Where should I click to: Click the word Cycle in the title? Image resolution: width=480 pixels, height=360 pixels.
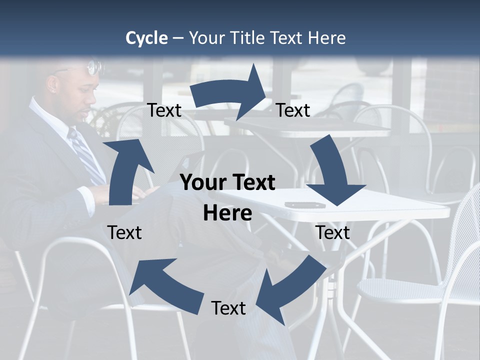pos(146,38)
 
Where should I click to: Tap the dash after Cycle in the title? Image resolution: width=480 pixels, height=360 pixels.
pos(177,38)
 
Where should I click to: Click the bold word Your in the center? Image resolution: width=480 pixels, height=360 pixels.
pos(204,182)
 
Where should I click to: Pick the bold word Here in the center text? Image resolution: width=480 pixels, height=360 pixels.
pos(227,213)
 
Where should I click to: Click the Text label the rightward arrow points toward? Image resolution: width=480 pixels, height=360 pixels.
pos(293,110)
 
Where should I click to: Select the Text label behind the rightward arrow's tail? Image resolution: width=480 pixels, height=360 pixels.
pos(164,110)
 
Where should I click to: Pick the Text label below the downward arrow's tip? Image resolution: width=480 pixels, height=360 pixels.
pos(332,232)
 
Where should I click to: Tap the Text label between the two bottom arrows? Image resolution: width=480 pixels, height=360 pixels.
pos(228,308)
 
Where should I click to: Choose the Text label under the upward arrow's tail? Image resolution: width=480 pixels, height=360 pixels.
pos(124,232)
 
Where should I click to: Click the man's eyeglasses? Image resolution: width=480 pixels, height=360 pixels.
pos(93,67)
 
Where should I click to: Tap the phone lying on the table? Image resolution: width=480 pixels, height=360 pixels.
pos(304,205)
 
